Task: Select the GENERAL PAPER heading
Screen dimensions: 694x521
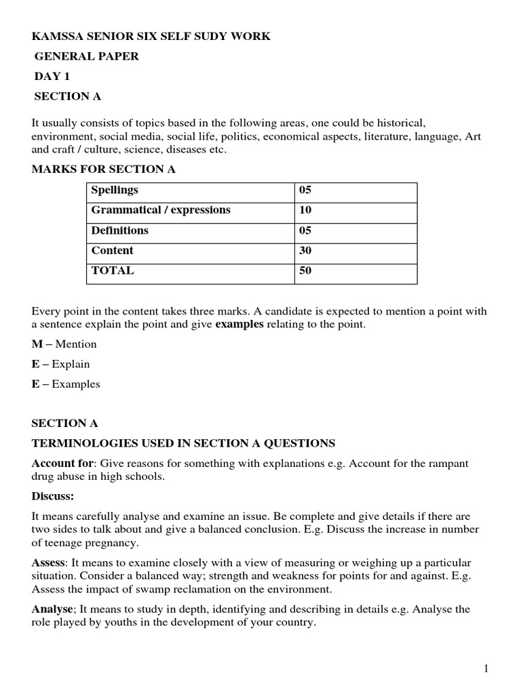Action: [87, 56]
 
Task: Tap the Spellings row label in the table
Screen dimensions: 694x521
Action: [114, 190]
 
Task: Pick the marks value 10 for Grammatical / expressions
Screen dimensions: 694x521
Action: [305, 210]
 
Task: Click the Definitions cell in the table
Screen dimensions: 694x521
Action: [119, 230]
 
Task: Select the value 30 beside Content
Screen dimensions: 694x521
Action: [305, 251]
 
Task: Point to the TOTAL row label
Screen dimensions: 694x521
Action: [112, 270]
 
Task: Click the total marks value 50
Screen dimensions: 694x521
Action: [305, 270]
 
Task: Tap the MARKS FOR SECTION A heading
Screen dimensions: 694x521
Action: [104, 169]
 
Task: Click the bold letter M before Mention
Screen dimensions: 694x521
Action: [37, 344]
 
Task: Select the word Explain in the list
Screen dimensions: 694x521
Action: [71, 364]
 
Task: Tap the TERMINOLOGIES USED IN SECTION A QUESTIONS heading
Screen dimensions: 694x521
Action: [183, 443]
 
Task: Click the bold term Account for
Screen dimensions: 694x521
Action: [62, 464]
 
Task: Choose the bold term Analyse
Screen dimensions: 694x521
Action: [52, 609]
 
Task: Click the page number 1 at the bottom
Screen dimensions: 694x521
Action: [486, 669]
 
